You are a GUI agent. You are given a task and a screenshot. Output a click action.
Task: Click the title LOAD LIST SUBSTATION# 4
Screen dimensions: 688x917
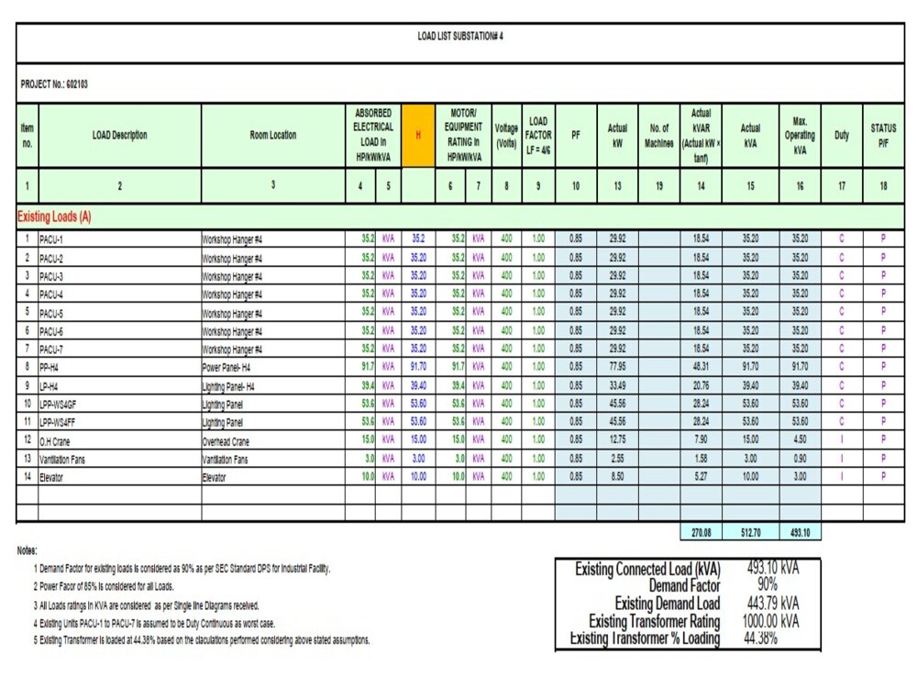[x=460, y=37]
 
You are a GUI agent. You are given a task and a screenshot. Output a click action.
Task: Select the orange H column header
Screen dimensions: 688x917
[x=418, y=135]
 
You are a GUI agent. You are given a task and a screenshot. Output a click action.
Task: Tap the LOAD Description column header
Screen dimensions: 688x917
[x=119, y=135]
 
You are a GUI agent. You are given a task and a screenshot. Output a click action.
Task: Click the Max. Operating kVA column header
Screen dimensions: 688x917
[x=800, y=135]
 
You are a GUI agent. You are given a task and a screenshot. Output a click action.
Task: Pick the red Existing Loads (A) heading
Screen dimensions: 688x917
[x=54, y=217]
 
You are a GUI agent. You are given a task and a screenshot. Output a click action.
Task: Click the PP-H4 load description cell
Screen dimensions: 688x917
[x=51, y=366]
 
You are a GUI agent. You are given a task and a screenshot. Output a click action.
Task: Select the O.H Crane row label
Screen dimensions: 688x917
[x=56, y=439]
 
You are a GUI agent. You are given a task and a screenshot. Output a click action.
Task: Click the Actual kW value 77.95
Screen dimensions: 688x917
[x=617, y=366]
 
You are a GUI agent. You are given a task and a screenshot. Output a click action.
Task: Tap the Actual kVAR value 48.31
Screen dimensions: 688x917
[x=701, y=366]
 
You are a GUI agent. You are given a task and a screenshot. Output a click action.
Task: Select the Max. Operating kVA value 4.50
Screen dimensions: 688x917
[x=800, y=439]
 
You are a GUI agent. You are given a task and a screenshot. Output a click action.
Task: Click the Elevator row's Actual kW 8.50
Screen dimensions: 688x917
[x=617, y=476]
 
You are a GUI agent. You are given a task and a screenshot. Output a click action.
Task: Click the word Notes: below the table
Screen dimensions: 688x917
[x=27, y=550]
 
